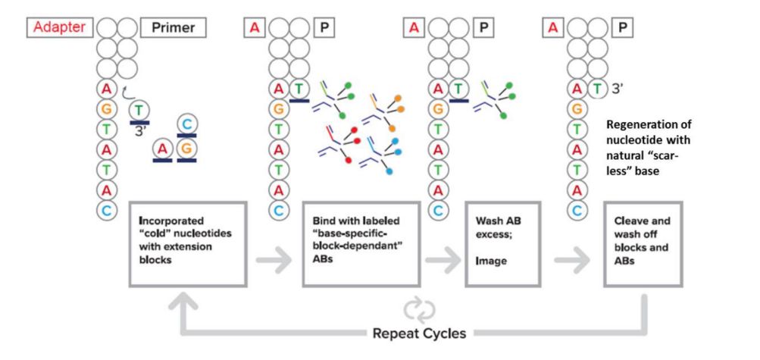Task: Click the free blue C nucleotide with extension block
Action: [185, 124]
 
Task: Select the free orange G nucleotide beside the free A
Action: [184, 149]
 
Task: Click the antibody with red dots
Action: [337, 144]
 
